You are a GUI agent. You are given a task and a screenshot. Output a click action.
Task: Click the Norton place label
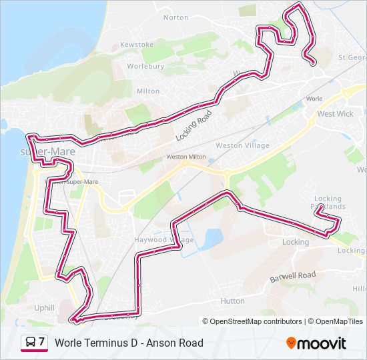tap(175, 17)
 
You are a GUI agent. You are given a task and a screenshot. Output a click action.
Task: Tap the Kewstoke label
tap(131, 45)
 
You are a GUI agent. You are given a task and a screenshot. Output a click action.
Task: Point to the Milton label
tap(148, 91)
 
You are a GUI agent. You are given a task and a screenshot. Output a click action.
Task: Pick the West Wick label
tap(335, 114)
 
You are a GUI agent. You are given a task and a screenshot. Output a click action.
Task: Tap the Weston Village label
tap(243, 145)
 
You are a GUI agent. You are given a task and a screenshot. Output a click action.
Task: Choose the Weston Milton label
tap(186, 157)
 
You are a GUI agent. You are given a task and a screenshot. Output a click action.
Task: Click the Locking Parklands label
tap(328, 203)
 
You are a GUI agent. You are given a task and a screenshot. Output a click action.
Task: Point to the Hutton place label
tap(232, 301)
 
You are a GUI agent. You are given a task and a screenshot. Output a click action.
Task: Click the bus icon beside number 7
tap(31, 343)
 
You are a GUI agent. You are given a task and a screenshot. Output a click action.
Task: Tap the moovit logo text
tap(322, 343)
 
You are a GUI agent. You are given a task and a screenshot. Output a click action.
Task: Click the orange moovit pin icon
tap(291, 343)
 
